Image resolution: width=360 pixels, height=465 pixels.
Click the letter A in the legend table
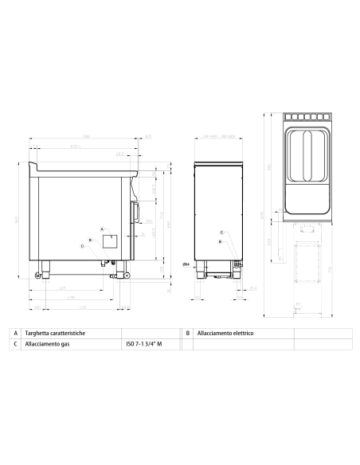click(16, 334)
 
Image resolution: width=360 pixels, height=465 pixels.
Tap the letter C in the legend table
click(16, 345)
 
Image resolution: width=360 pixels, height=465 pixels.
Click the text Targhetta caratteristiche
click(61, 334)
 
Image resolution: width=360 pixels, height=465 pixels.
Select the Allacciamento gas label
click(51, 345)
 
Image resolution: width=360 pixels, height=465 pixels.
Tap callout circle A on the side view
click(102, 228)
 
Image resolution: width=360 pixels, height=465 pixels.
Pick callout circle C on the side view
click(82, 246)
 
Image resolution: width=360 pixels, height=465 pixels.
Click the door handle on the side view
click(136, 212)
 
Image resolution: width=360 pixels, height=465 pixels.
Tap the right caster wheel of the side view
click(123, 275)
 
